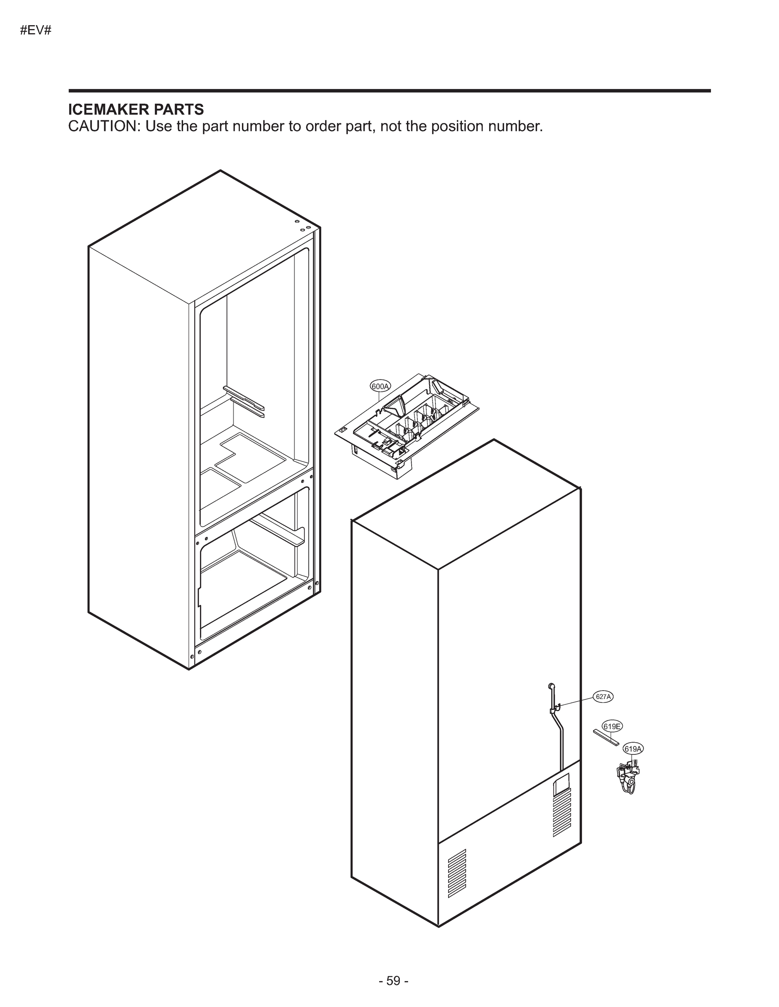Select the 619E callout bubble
click(x=612, y=726)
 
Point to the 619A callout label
click(x=633, y=749)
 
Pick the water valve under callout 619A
click(x=628, y=779)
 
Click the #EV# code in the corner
click(x=36, y=31)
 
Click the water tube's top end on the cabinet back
click(x=550, y=686)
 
